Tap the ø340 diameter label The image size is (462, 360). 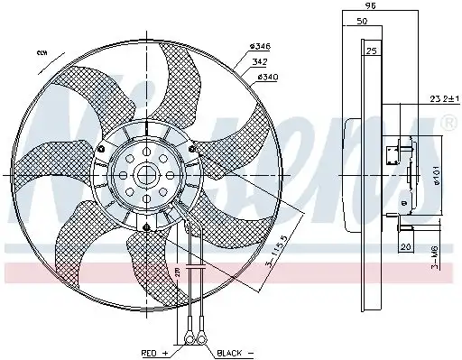click(268, 77)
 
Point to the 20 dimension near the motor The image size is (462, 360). click(405, 246)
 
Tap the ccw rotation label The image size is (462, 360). click(42, 53)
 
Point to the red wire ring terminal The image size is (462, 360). click(189, 340)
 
